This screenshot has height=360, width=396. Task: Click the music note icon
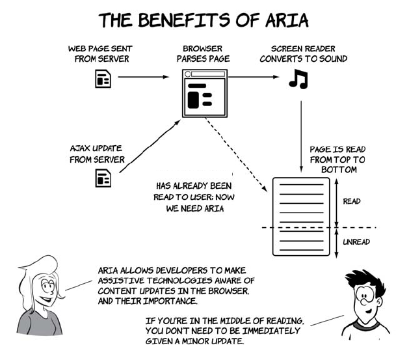pyautogui.click(x=298, y=79)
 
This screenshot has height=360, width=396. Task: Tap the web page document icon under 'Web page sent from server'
pyautogui.click(x=103, y=78)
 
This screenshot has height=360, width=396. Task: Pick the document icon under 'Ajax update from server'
pyautogui.click(x=103, y=176)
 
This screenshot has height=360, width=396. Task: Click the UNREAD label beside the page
pyautogui.click(x=356, y=242)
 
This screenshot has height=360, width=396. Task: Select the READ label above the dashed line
pyautogui.click(x=352, y=201)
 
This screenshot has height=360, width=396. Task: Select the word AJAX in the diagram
pyautogui.click(x=82, y=148)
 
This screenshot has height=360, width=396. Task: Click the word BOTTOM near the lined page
pyautogui.click(x=340, y=169)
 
